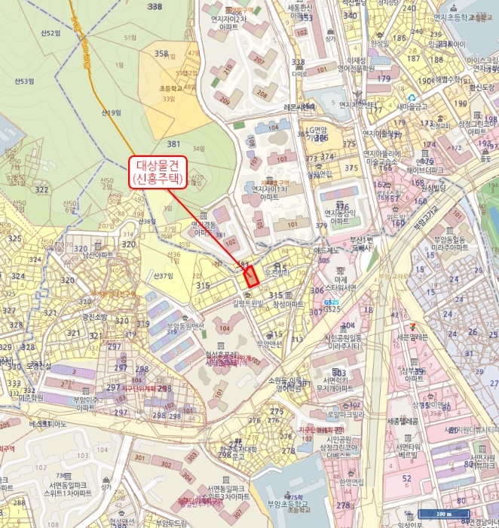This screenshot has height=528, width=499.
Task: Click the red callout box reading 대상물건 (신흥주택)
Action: tap(158, 172)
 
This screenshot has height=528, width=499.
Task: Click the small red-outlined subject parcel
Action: tap(250, 275)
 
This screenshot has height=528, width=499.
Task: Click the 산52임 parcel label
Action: tap(49, 33)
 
